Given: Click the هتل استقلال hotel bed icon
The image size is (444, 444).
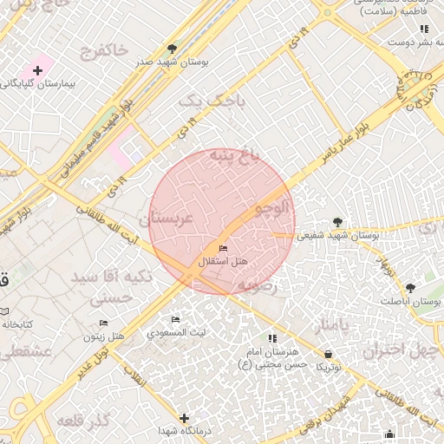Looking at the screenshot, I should click(223, 249).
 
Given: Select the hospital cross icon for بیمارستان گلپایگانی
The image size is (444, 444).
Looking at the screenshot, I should click(37, 69).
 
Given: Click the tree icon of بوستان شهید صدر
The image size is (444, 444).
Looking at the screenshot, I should click(172, 49).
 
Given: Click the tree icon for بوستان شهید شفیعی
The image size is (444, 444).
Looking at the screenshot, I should click(337, 222).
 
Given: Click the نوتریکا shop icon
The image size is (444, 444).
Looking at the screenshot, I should click(329, 354).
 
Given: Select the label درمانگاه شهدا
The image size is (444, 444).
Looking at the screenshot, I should click(180, 430).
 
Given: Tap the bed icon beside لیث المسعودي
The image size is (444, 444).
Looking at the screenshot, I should click(176, 320).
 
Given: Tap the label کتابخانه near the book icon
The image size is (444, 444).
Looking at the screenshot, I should click(16, 323).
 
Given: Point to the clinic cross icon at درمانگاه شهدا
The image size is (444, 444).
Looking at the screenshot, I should click(184, 417).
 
